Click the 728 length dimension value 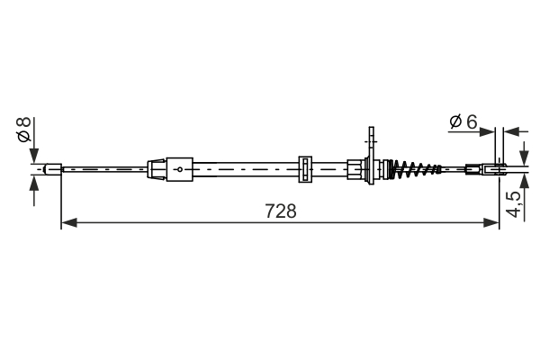(x=280, y=211)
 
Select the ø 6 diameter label (x=462, y=121)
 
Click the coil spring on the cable (x=416, y=168)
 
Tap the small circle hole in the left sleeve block (x=179, y=169)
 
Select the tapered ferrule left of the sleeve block (x=156, y=168)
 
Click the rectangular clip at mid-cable (x=305, y=168)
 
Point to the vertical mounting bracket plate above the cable (x=370, y=144)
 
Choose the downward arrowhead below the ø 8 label (x=34, y=154)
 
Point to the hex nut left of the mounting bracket (x=353, y=168)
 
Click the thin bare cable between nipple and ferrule (x=103, y=168)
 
